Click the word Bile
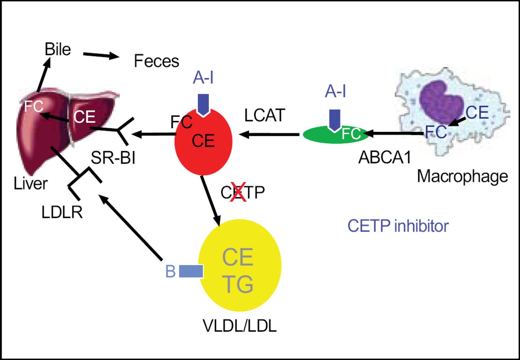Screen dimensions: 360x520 point(58,50)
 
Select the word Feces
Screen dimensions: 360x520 point(156,61)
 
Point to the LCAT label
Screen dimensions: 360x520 point(266,116)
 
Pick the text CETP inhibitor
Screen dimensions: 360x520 point(398,226)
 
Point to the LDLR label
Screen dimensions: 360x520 point(62,212)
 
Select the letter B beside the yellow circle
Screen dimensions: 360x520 point(171,272)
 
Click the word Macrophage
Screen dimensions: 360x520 point(462,176)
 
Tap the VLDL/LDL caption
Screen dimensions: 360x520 point(239,326)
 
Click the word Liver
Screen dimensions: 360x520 point(30,184)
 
